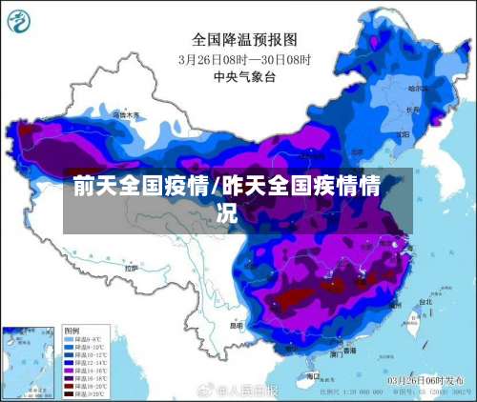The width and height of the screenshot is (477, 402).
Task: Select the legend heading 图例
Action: coord(73,331)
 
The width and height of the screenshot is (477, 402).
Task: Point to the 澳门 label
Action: coord(337,353)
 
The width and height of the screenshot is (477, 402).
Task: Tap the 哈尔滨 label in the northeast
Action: coord(417,89)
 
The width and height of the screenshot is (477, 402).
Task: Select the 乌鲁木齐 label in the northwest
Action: coord(124,114)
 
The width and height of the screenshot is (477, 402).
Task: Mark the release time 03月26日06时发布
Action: coord(424,379)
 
